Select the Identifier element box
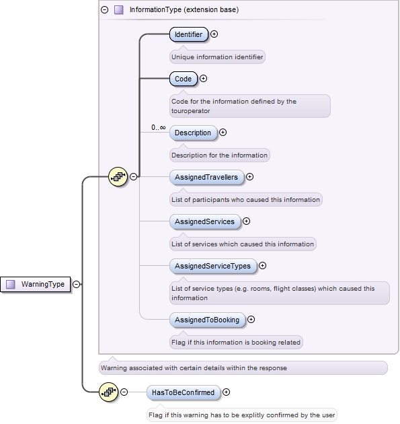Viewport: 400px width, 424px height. pyautogui.click(x=188, y=34)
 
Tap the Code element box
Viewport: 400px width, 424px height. pyautogui.click(x=183, y=79)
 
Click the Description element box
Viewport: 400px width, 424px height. pyautogui.click(x=193, y=133)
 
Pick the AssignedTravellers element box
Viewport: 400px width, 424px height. pyautogui.click(x=206, y=177)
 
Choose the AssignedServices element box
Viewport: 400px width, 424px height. pyautogui.click(x=204, y=221)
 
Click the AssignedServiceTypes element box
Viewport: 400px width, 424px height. pyautogui.click(x=212, y=266)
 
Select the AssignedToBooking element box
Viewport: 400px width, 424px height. pyautogui.click(x=207, y=320)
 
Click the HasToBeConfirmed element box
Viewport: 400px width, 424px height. pyautogui.click(x=183, y=392)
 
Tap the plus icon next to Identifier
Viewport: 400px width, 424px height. pyautogui.click(x=214, y=34)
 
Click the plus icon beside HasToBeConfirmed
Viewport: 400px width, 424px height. pyautogui.click(x=227, y=392)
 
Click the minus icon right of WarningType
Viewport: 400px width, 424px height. pyautogui.click(x=76, y=284)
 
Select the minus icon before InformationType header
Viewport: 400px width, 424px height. pyautogui.click(x=104, y=10)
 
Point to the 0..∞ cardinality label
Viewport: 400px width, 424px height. pyautogui.click(x=158, y=127)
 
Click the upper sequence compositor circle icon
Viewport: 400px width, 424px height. pyautogui.click(x=118, y=176)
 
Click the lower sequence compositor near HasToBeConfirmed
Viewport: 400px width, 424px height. pyautogui.click(x=109, y=392)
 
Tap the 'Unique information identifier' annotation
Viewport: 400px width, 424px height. pyautogui.click(x=217, y=57)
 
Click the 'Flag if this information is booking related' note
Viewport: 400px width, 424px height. pyautogui.click(x=235, y=342)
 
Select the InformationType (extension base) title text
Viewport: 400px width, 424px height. pyautogui.click(x=184, y=10)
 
